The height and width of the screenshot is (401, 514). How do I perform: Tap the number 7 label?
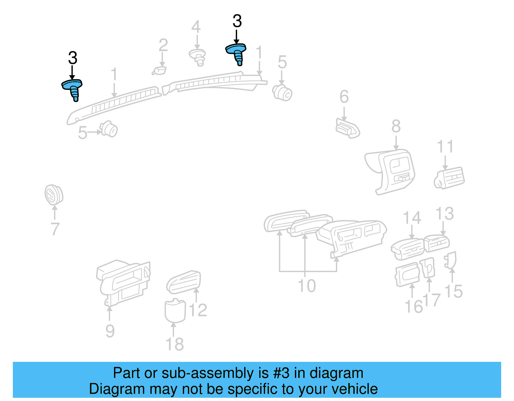(55, 229)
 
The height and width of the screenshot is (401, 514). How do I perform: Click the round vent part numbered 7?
(53, 195)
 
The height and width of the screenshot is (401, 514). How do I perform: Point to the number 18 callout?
(174, 344)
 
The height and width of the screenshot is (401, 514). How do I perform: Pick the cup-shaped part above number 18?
(175, 310)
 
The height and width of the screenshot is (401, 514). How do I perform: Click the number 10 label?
(307, 286)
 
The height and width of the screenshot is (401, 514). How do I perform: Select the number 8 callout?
(396, 126)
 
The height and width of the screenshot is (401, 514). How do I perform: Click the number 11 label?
(445, 147)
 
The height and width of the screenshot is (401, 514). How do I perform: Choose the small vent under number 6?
(347, 128)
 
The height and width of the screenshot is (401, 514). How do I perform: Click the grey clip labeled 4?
(198, 57)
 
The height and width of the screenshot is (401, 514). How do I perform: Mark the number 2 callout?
(163, 45)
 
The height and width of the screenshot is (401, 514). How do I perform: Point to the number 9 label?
(110, 331)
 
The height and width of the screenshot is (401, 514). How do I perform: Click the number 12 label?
(198, 310)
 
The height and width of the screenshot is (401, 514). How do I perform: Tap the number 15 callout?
(453, 292)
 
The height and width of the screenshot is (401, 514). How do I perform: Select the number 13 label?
(445, 214)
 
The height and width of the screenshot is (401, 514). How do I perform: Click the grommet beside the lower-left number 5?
(109, 129)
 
